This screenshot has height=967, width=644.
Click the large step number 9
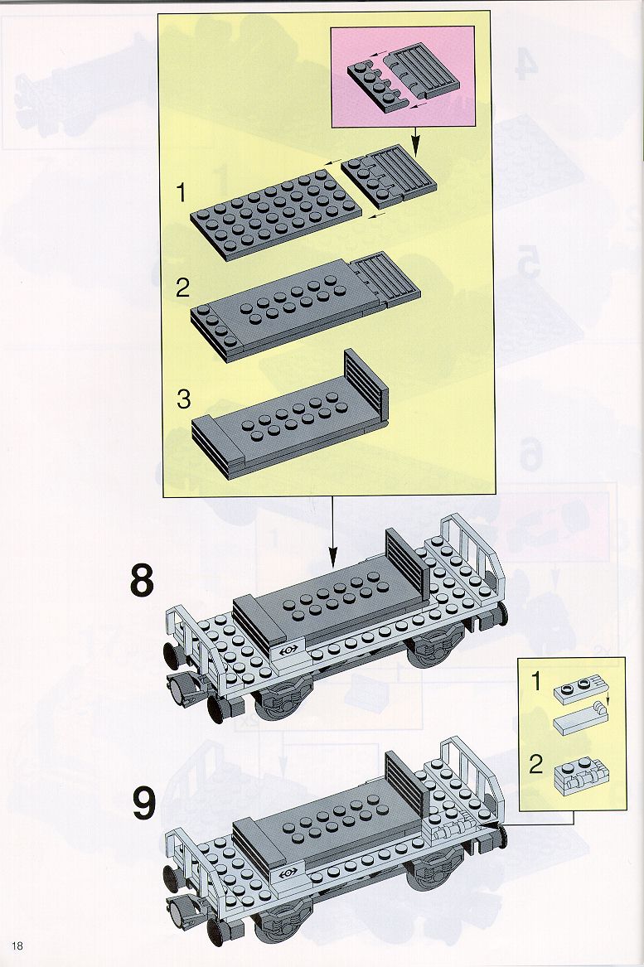143,804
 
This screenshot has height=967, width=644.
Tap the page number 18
17,945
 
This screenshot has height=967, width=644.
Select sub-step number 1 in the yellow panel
181,193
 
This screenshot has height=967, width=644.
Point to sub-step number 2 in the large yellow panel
182,288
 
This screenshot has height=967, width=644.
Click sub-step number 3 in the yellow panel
183,399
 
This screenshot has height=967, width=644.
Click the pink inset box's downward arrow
414,141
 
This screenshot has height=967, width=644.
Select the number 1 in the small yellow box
535,682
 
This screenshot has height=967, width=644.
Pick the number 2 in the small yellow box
536,765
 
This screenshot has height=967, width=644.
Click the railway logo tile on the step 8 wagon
288,650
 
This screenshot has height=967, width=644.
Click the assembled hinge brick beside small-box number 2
578,776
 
